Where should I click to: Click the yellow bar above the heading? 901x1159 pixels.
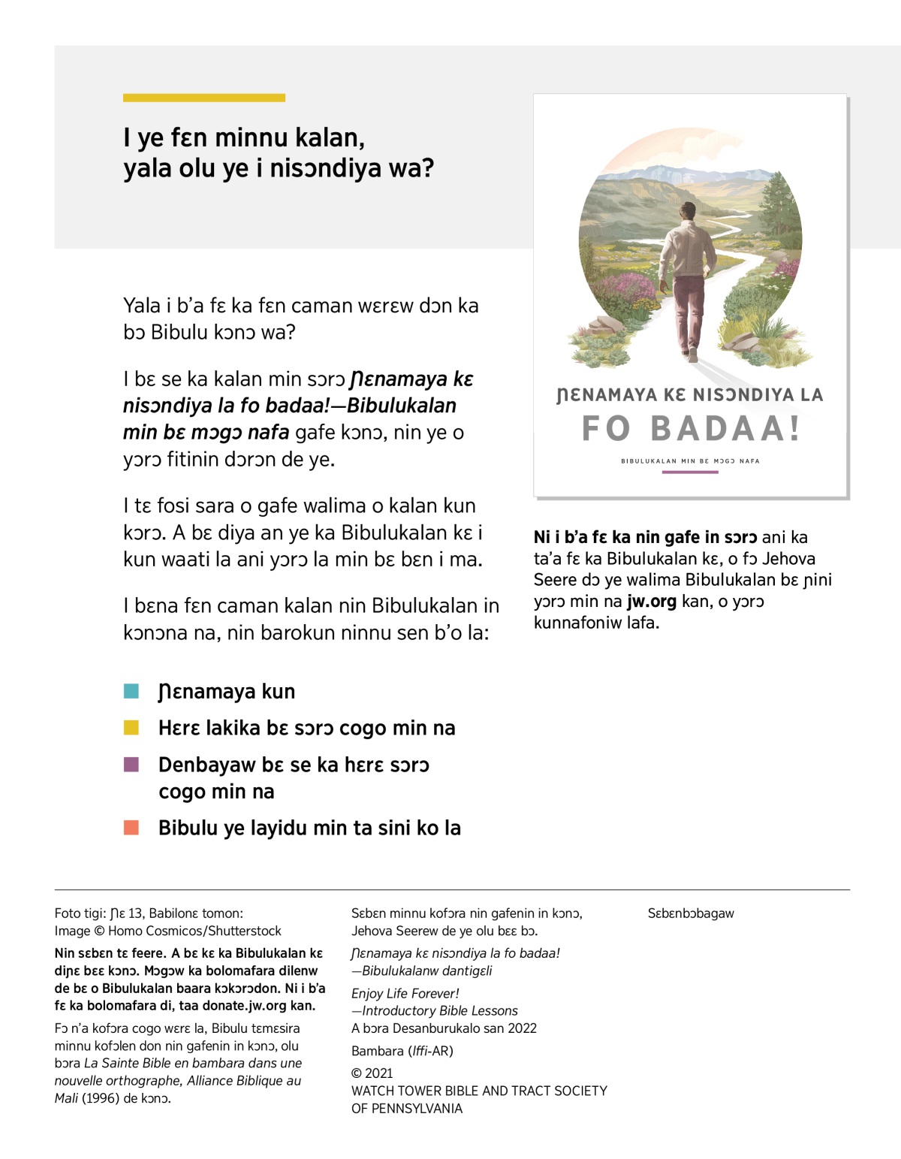click(x=203, y=98)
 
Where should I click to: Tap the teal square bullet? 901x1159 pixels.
click(x=131, y=691)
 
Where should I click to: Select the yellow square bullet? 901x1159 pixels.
click(x=131, y=727)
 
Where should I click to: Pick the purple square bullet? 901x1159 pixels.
click(x=131, y=765)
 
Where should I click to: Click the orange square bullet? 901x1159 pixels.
click(x=131, y=828)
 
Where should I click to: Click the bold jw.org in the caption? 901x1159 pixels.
click(x=651, y=601)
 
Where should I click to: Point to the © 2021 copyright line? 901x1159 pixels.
click(x=372, y=1073)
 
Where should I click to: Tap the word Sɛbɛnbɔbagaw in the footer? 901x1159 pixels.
click(x=691, y=913)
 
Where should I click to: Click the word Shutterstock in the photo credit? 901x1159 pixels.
click(x=245, y=931)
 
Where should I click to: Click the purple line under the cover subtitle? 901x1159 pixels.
click(x=690, y=472)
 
